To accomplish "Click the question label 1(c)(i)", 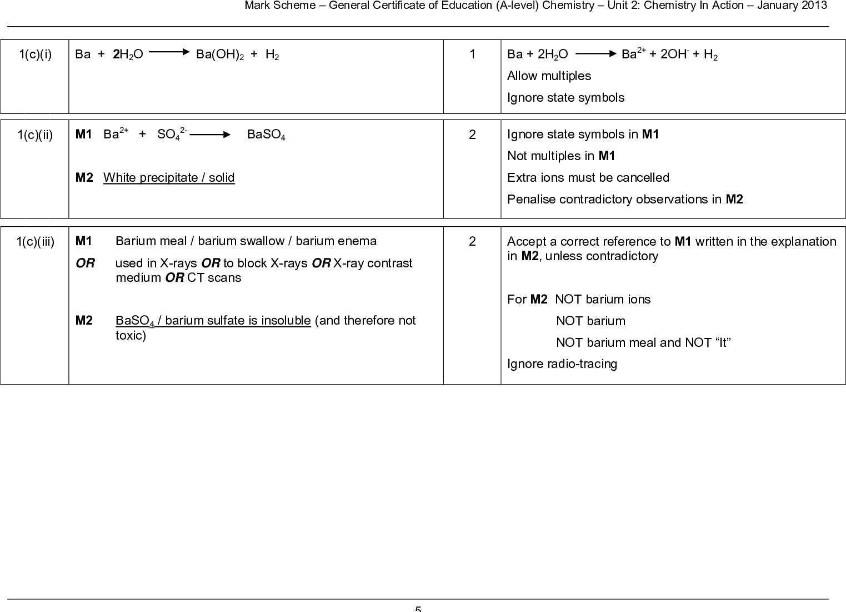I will point(36,54).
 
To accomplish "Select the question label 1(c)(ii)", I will point(36,135).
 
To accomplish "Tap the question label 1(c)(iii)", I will point(36,241).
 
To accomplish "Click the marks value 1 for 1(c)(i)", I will point(472,54).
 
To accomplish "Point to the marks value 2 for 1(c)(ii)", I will point(472,135).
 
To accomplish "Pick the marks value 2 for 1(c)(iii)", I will point(472,241).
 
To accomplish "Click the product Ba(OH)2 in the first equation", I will point(220,54).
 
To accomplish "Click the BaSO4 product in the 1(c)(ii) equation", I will point(266,135).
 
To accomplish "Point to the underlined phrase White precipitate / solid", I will point(169,178).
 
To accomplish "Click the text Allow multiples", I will point(549,76).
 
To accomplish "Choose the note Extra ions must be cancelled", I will point(588,178).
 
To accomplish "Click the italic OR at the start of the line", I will point(85,263).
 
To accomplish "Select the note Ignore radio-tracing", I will point(562,364).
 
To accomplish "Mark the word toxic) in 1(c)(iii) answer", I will point(131,336).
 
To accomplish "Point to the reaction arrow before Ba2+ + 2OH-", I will point(596,54).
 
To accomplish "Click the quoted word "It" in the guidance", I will point(723,343).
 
